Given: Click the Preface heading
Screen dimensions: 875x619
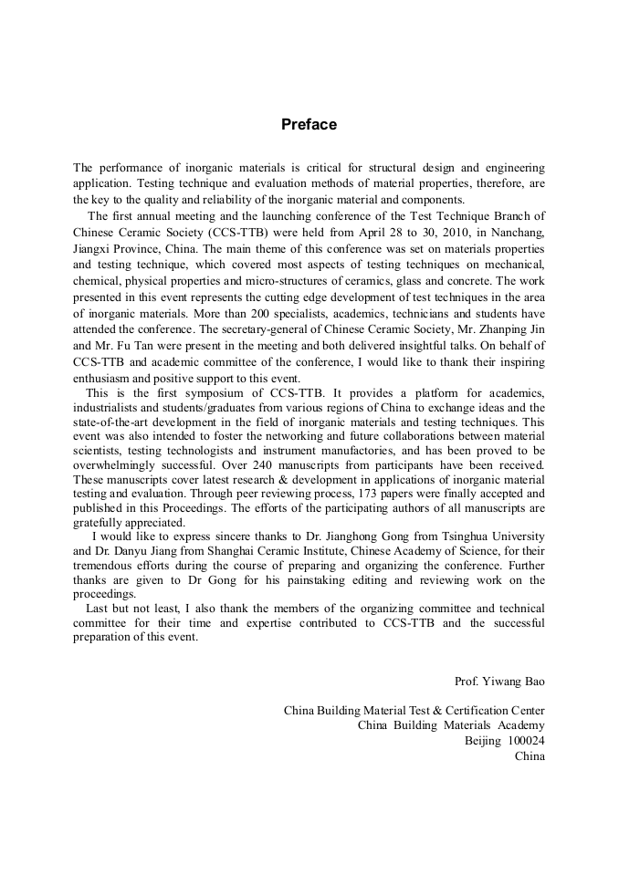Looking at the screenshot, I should (309, 124).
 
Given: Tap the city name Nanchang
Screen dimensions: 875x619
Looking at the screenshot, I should (517, 233).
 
